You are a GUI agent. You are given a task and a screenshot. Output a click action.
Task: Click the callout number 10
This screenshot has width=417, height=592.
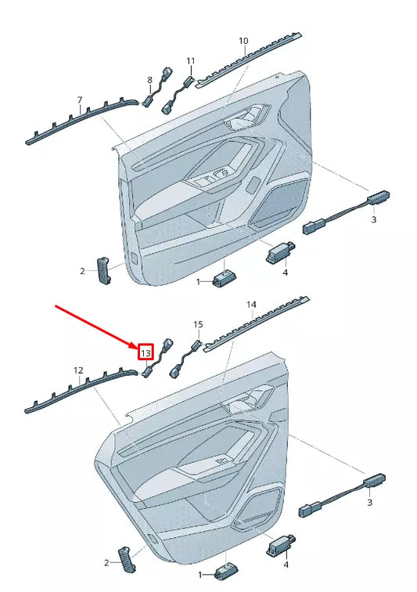(243, 40)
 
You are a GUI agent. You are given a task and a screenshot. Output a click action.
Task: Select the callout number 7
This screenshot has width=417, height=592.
(79, 99)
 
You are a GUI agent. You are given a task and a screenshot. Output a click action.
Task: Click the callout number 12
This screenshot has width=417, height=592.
(78, 370)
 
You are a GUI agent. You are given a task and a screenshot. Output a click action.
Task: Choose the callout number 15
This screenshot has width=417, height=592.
(198, 323)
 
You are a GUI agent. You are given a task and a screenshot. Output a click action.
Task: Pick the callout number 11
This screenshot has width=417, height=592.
(190, 60)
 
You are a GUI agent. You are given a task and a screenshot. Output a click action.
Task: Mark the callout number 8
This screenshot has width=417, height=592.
(150, 80)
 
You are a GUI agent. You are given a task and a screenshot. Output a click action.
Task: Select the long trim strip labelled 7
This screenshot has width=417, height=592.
(78, 121)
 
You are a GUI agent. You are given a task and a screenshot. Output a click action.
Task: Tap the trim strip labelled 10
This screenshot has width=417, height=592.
(250, 61)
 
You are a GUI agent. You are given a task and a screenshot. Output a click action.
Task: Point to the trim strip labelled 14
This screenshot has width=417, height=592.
(257, 323)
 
